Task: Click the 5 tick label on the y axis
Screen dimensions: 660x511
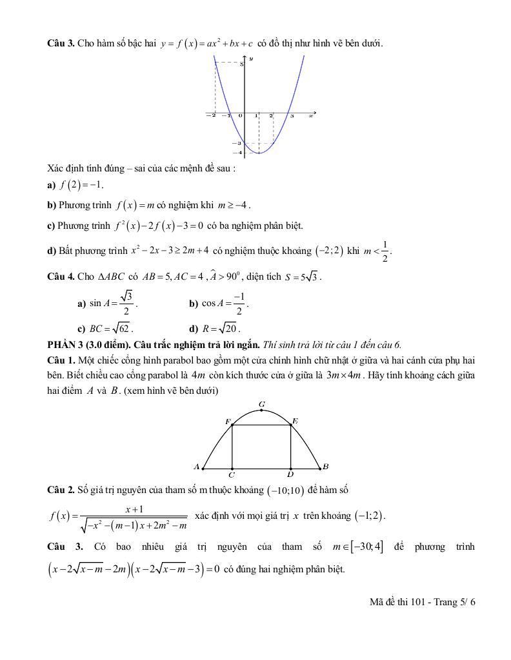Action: [x=241, y=64]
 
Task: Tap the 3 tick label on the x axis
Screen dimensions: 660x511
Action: [x=292, y=116]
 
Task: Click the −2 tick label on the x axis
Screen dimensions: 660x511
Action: [x=210, y=116]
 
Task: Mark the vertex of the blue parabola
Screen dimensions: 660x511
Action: [x=259, y=153]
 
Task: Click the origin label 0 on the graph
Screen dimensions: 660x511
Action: [x=240, y=116]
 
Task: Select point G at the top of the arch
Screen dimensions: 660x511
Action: [x=261, y=410]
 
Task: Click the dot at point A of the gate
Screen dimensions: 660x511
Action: [x=203, y=468]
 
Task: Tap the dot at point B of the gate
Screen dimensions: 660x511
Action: [x=320, y=468]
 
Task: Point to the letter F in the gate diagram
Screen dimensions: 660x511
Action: [x=227, y=421]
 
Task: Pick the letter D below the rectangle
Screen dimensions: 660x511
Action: [x=291, y=474]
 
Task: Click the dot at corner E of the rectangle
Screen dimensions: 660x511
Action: [x=291, y=425]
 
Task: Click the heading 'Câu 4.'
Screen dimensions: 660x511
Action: [x=61, y=277]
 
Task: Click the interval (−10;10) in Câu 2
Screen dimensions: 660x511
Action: [x=286, y=491]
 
